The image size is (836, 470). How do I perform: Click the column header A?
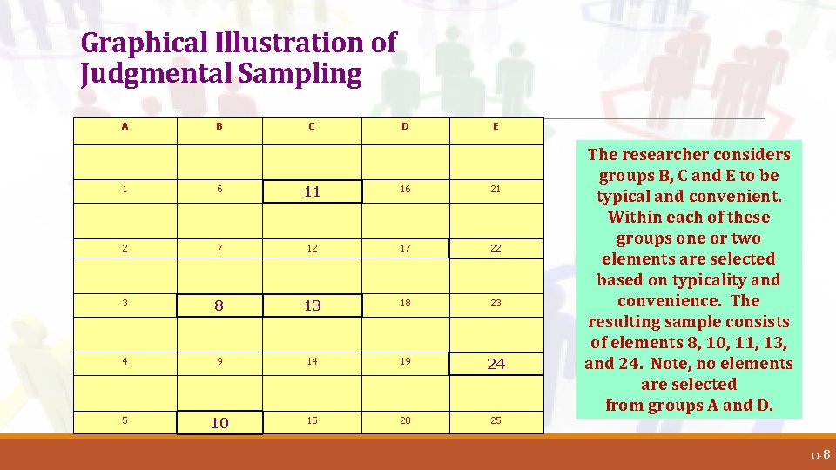pyautogui.click(x=125, y=126)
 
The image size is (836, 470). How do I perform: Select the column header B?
pyautogui.click(x=219, y=126)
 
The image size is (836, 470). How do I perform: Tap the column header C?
pyautogui.click(x=312, y=126)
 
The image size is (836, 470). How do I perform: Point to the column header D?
pyautogui.click(x=405, y=126)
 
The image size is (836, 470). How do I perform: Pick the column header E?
pyautogui.click(x=496, y=126)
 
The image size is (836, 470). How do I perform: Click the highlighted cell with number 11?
pyautogui.click(x=312, y=191)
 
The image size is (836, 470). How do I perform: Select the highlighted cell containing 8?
pyautogui.click(x=219, y=305)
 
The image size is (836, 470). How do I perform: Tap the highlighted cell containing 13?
pyautogui.click(x=312, y=305)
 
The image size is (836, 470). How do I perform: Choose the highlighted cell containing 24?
pyautogui.click(x=496, y=364)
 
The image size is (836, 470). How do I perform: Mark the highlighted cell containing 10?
pyautogui.click(x=219, y=422)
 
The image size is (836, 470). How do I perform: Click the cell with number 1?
pyautogui.click(x=125, y=189)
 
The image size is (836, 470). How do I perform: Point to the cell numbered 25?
pyautogui.click(x=496, y=420)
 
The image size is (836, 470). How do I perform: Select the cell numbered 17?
pyautogui.click(x=405, y=248)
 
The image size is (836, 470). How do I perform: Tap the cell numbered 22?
pyautogui.click(x=496, y=248)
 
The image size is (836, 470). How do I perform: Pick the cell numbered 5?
pyautogui.click(x=125, y=420)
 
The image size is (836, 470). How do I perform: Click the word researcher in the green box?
pyautogui.click(x=685, y=155)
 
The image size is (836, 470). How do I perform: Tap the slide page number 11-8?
pyautogui.click(x=820, y=454)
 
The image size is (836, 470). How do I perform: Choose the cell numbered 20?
pyautogui.click(x=405, y=420)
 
